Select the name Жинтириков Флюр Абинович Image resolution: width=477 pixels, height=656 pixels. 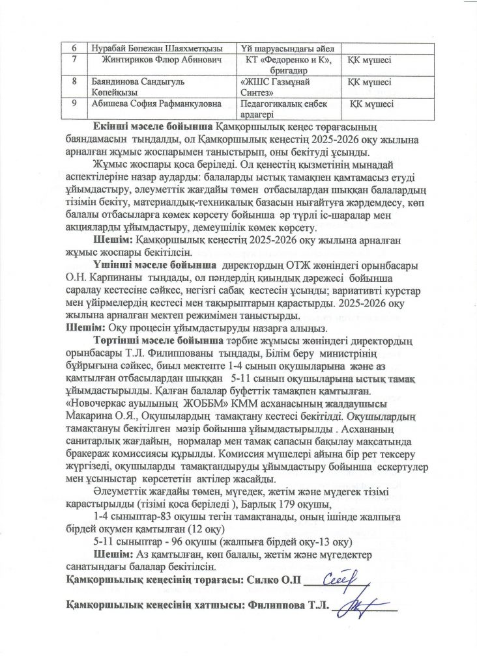[160, 61]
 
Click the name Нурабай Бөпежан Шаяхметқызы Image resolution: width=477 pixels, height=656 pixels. [156, 48]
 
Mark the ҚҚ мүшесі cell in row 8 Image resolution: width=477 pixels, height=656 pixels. [370, 83]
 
